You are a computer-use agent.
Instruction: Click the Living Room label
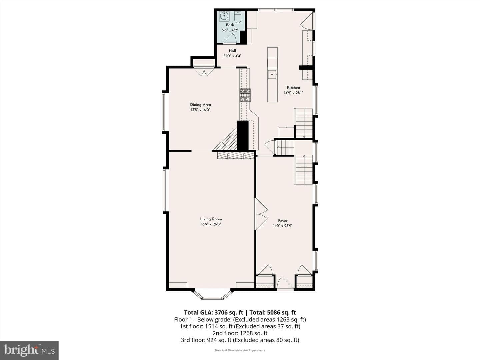click(211, 219)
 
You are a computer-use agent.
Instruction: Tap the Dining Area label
click(200, 105)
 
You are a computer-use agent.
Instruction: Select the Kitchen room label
click(293, 87)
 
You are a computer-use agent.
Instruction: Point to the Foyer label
click(283, 221)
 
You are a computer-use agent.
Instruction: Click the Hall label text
click(232, 51)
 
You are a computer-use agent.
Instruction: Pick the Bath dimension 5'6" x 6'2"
click(230, 30)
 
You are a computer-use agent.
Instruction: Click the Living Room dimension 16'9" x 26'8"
click(211, 224)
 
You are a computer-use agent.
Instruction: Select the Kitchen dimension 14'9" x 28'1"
click(293, 93)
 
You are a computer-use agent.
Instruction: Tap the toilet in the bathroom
click(237, 17)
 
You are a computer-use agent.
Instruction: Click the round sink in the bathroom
click(224, 16)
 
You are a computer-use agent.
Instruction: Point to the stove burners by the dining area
click(245, 95)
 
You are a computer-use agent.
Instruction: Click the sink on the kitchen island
click(273, 74)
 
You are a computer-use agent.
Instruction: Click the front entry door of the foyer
click(285, 283)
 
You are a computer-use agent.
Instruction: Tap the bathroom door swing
click(230, 39)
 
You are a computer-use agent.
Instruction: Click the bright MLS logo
click(29, 350)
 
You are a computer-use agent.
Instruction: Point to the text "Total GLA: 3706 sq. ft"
click(213, 312)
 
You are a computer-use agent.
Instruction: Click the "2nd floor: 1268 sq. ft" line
click(240, 333)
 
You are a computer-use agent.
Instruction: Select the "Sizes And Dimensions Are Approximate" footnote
click(240, 350)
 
